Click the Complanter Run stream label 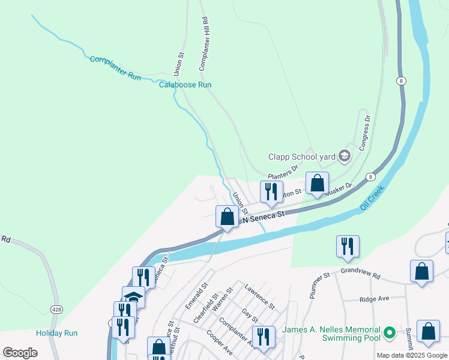pos(115,68)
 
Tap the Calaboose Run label pos(185,85)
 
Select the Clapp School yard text pos(301,157)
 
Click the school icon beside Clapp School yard pos(344,157)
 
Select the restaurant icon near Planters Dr pos(271,191)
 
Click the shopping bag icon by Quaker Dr pos(317,182)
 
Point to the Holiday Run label pos(56,333)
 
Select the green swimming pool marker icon pos(389,332)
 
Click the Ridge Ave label pos(374,298)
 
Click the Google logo pos(20,353)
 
